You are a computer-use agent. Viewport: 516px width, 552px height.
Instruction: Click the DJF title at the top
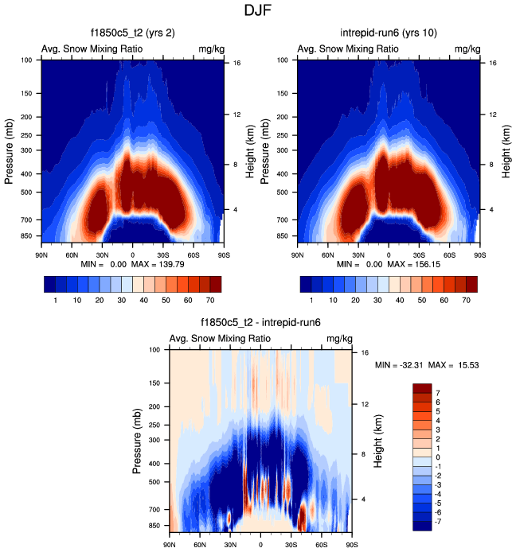pyautogui.click(x=258, y=11)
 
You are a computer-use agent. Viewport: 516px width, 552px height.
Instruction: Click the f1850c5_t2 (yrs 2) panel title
pyautogui.click(x=132, y=33)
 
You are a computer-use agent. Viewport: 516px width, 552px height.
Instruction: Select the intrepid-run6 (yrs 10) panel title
pyautogui.click(x=389, y=33)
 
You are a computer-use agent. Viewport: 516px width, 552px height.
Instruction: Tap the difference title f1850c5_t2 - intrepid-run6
pyautogui.click(x=260, y=324)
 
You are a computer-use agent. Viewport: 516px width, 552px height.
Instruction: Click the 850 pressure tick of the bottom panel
pyautogui.click(x=156, y=526)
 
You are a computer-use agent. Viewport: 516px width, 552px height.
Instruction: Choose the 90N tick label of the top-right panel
pyautogui.click(x=297, y=247)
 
